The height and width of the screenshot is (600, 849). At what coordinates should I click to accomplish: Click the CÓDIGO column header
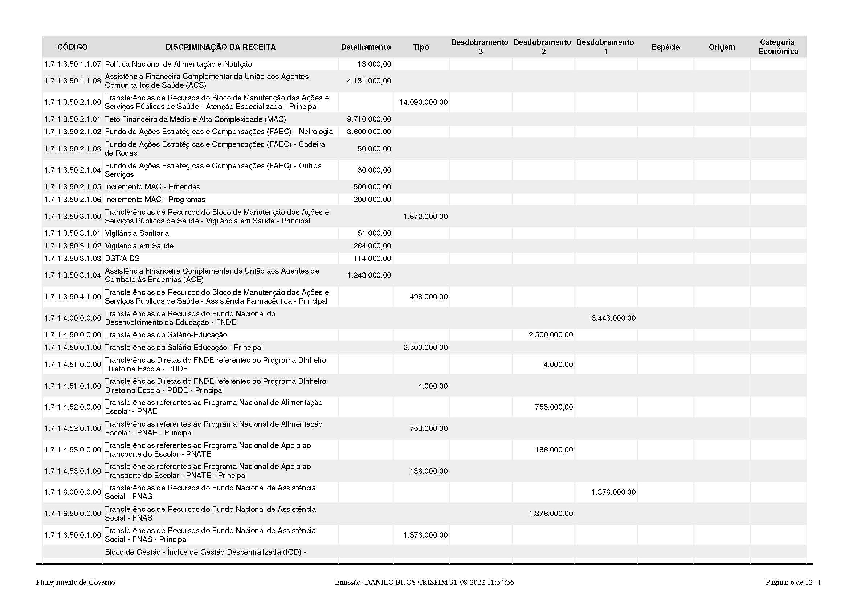click(73, 47)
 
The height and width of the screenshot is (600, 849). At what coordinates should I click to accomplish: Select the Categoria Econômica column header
click(778, 47)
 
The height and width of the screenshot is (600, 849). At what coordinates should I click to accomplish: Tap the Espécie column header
click(666, 47)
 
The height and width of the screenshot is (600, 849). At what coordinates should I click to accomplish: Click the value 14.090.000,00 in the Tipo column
click(423, 102)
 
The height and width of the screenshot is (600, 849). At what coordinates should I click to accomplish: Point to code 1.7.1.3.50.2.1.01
click(73, 119)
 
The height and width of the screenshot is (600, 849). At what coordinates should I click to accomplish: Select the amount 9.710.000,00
click(369, 119)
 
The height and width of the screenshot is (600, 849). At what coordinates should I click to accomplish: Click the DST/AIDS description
click(122, 258)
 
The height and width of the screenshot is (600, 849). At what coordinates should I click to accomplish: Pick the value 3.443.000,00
click(613, 318)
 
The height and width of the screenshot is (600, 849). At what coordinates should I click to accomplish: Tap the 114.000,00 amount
click(372, 258)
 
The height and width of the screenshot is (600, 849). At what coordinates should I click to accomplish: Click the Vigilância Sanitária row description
click(137, 233)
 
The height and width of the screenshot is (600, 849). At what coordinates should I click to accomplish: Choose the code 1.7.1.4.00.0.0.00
click(73, 318)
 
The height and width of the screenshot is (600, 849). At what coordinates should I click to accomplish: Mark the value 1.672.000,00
click(425, 217)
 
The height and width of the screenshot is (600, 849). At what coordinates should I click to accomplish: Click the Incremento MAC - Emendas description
click(152, 186)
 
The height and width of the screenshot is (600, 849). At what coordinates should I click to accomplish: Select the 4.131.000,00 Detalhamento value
click(369, 81)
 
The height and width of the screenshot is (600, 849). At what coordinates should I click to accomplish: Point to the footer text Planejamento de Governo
click(75, 583)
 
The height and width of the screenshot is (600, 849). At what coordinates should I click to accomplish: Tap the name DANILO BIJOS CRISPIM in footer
click(406, 583)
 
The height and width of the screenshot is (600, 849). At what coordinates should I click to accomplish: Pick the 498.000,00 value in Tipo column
click(429, 297)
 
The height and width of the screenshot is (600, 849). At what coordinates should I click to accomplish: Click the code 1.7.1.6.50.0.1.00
click(73, 535)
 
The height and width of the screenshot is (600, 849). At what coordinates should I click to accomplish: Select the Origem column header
click(722, 47)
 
